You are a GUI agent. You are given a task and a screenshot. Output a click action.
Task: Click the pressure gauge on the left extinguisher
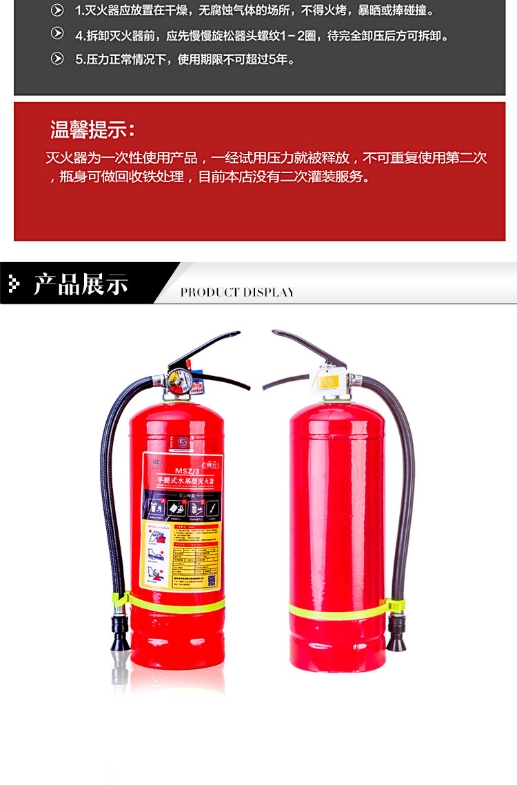coord(179,381)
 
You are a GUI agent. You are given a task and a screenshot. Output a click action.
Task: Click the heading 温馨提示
coord(92,129)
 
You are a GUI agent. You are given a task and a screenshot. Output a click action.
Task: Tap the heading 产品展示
coord(81,284)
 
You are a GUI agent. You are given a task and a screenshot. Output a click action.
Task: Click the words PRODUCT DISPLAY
coord(237,292)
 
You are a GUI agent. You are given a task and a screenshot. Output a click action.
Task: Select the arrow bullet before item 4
coord(57,34)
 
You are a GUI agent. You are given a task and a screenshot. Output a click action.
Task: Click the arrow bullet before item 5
coord(57,59)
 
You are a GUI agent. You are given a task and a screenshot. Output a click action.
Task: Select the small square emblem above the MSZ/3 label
coord(183,441)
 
